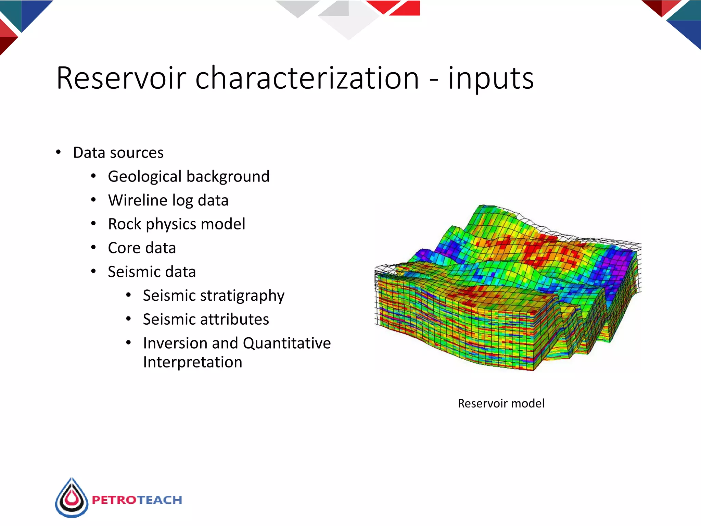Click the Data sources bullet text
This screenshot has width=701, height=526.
[x=118, y=153]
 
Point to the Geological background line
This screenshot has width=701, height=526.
[x=189, y=177]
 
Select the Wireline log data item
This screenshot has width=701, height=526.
[x=168, y=200]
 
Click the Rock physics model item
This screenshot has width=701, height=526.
[x=177, y=224]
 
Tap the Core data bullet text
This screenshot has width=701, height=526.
[x=142, y=248]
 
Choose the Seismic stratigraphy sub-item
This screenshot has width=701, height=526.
[x=214, y=296]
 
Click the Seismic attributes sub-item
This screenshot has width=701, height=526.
[x=206, y=320]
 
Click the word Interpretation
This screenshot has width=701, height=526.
[x=192, y=362]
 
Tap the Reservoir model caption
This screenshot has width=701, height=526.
[x=501, y=403]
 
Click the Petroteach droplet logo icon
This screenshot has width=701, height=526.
[x=72, y=498]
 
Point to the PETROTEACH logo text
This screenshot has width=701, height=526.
[x=137, y=500]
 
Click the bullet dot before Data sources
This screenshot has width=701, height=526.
[x=59, y=152]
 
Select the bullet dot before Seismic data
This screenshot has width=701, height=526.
[x=93, y=271]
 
